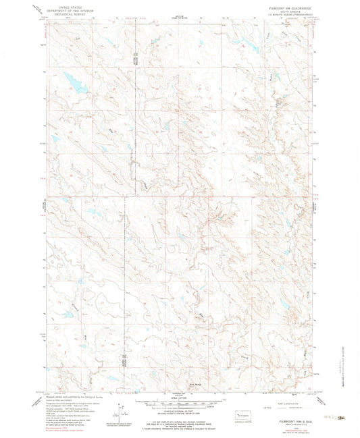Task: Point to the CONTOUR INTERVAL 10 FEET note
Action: (180, 410)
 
